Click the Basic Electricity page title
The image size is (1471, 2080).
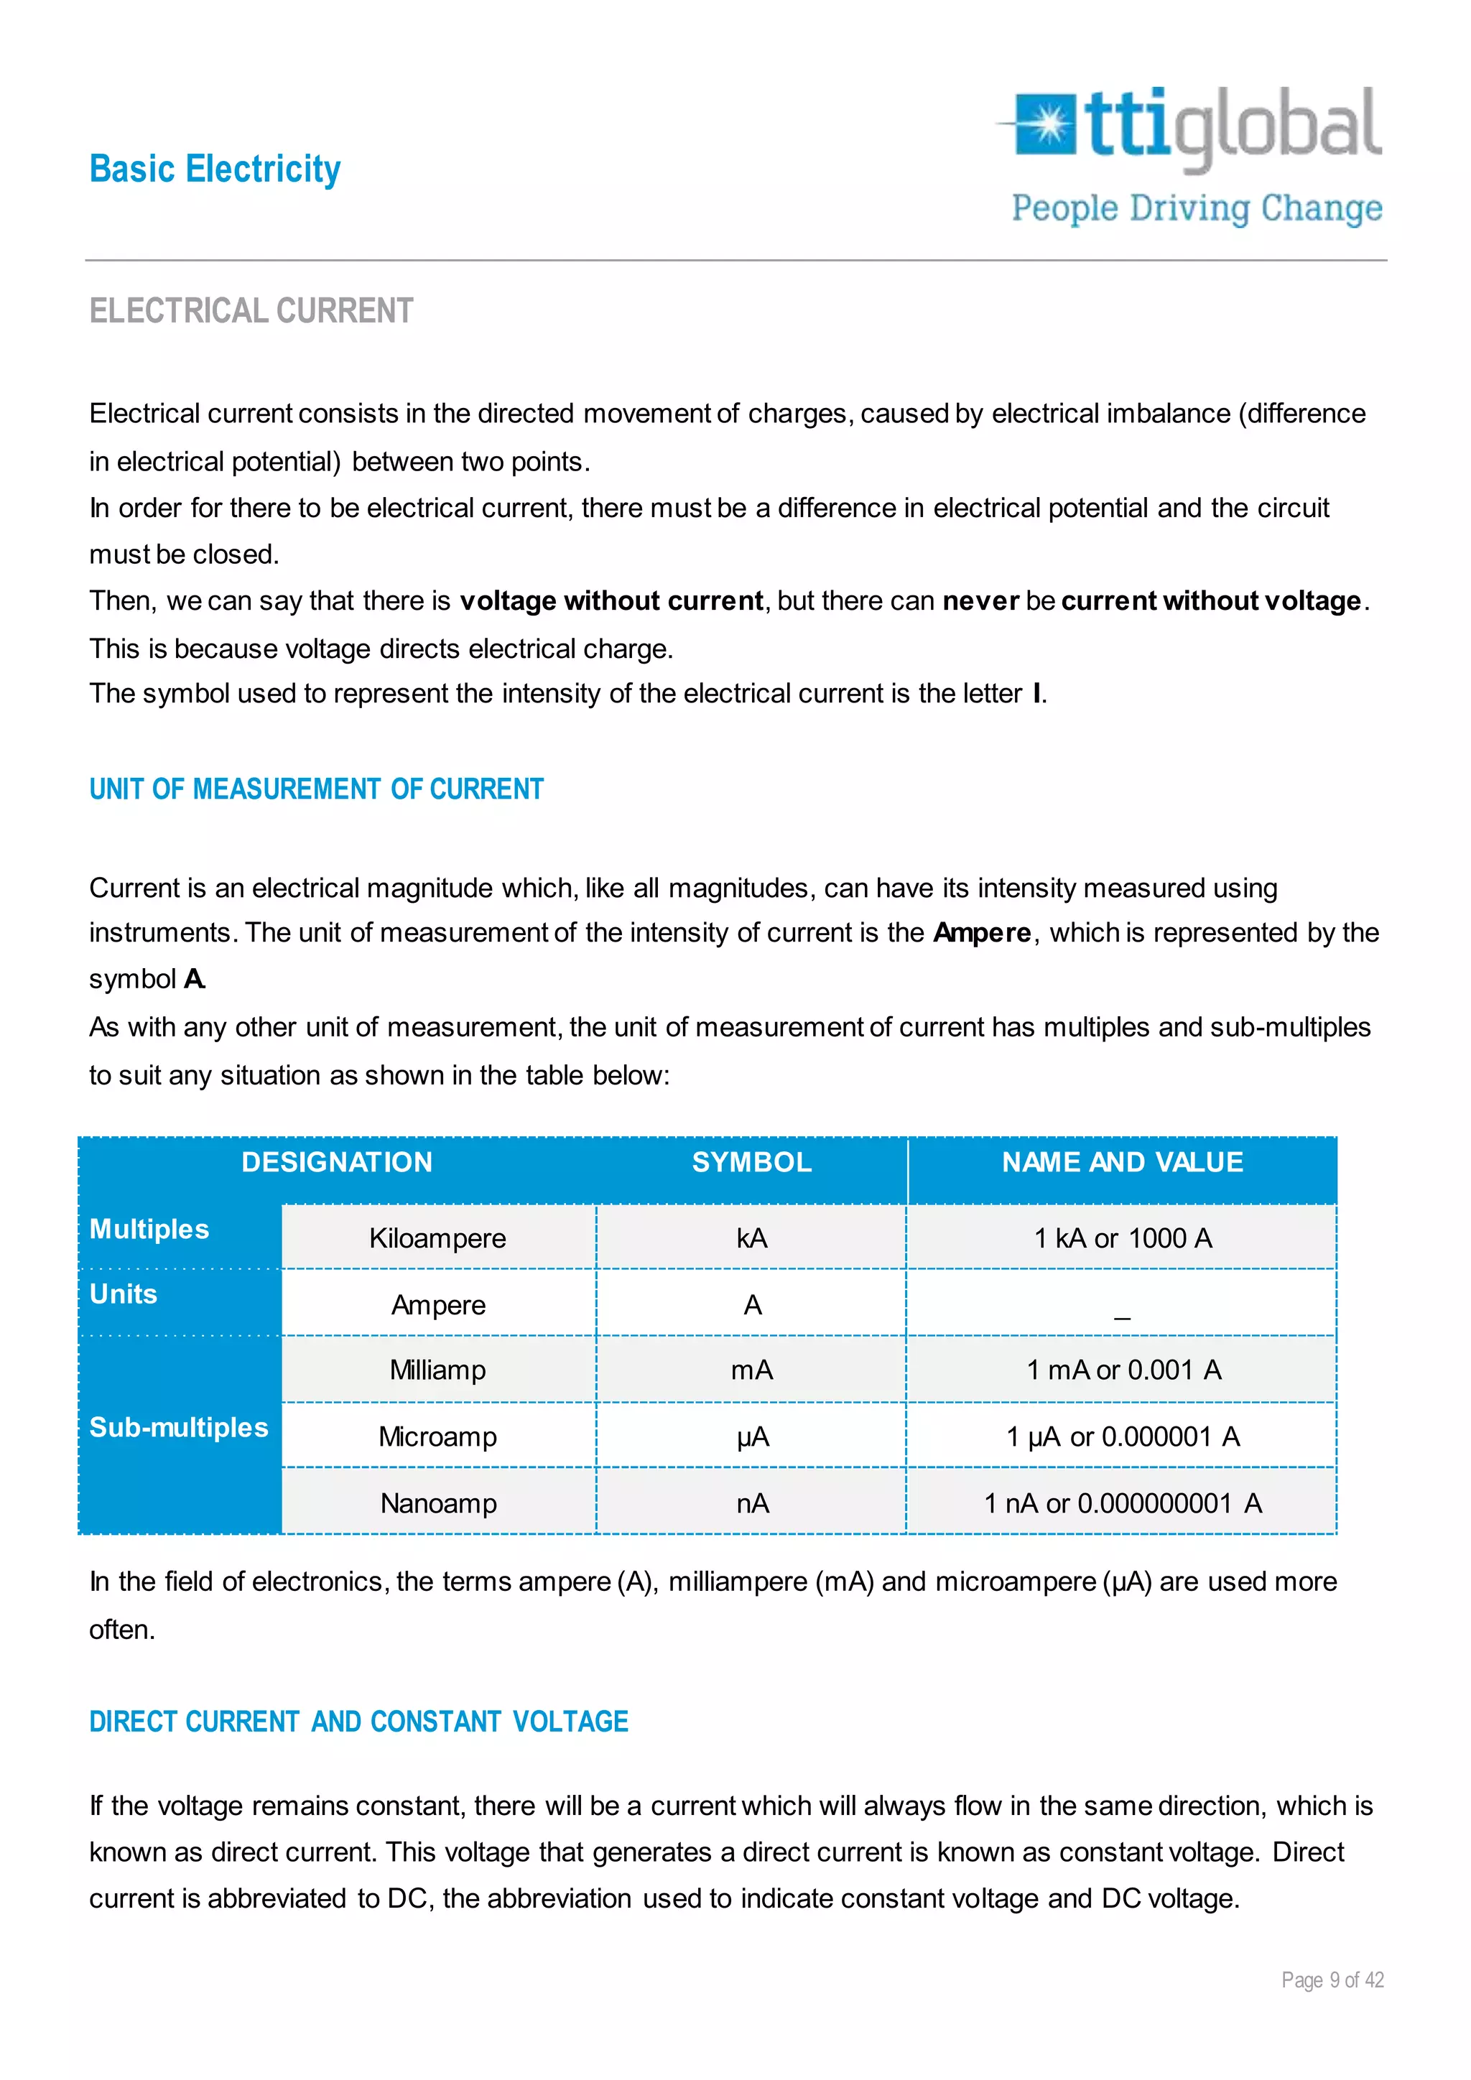tap(215, 170)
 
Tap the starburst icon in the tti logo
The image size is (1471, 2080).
tap(1047, 124)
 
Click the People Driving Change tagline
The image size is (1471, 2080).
tap(1197, 209)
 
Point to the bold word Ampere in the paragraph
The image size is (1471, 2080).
tap(982, 933)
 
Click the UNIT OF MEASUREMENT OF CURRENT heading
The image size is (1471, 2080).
tap(316, 789)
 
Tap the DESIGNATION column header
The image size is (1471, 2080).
tap(337, 1162)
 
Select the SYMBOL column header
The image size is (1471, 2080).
tap(752, 1162)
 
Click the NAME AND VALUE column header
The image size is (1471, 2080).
tap(1122, 1162)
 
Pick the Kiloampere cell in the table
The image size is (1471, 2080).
tap(437, 1238)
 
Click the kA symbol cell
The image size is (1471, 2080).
tap(752, 1238)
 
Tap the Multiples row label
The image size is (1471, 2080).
tap(149, 1230)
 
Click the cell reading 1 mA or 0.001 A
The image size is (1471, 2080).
tap(1123, 1370)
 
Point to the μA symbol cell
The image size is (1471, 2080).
tap(752, 1436)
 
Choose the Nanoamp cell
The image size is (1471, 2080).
tap(438, 1504)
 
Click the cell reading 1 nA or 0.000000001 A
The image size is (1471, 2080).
tap(1123, 1504)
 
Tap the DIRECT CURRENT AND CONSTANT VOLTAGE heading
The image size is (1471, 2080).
tap(358, 1722)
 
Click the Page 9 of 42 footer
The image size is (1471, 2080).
tap(1332, 1980)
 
